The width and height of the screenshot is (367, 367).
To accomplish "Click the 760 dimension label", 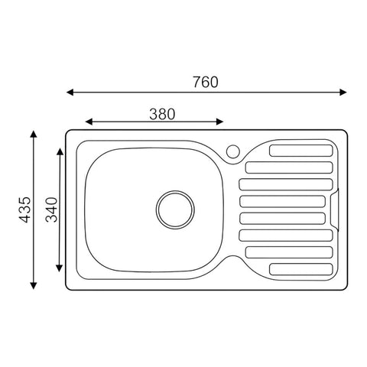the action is tap(206, 82).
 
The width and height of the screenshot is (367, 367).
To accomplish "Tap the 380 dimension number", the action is tap(162, 114).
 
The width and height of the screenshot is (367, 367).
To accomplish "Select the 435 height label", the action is tap(25, 209).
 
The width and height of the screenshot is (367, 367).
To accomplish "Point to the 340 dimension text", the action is tap(52, 209).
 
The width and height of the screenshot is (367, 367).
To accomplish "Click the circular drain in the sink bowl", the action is tap(175, 209).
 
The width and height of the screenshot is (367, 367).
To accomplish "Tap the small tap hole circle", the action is tap(233, 151).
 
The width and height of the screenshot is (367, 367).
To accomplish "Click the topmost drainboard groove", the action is tap(301, 151).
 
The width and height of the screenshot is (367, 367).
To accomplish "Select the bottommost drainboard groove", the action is tap(301, 269).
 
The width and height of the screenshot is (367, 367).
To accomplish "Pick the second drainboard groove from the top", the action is tap(289, 167).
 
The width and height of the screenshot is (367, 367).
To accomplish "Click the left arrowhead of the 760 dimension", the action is tap(70, 93).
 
